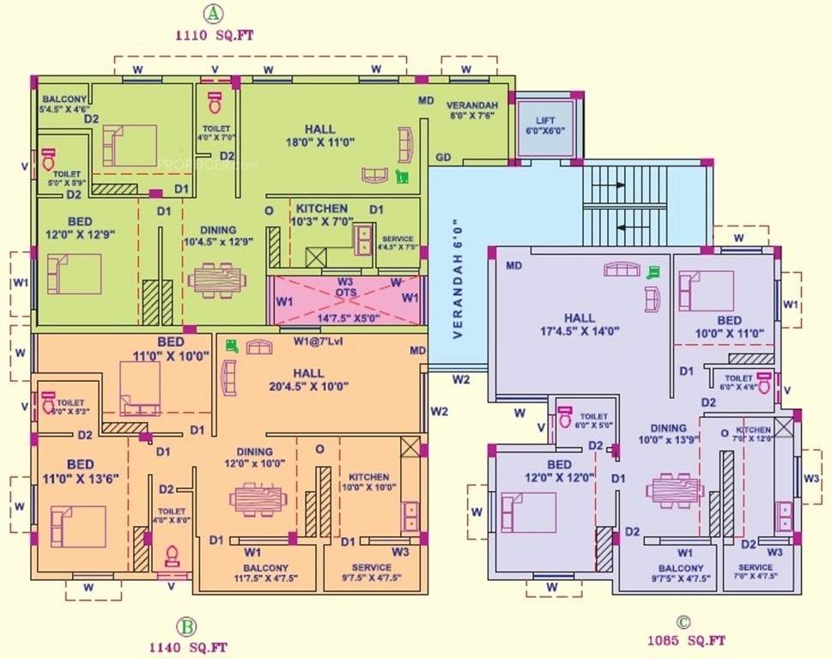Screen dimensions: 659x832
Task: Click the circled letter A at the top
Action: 211,14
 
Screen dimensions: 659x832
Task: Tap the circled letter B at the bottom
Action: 184,626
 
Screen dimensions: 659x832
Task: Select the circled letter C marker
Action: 683,622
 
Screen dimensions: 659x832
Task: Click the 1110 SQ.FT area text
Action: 213,36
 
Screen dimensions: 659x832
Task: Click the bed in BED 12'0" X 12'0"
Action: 528,511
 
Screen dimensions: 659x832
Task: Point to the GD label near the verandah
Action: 443,156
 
